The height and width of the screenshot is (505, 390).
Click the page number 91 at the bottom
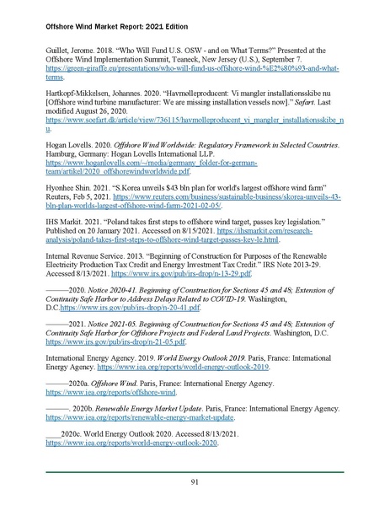click(x=195, y=481)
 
